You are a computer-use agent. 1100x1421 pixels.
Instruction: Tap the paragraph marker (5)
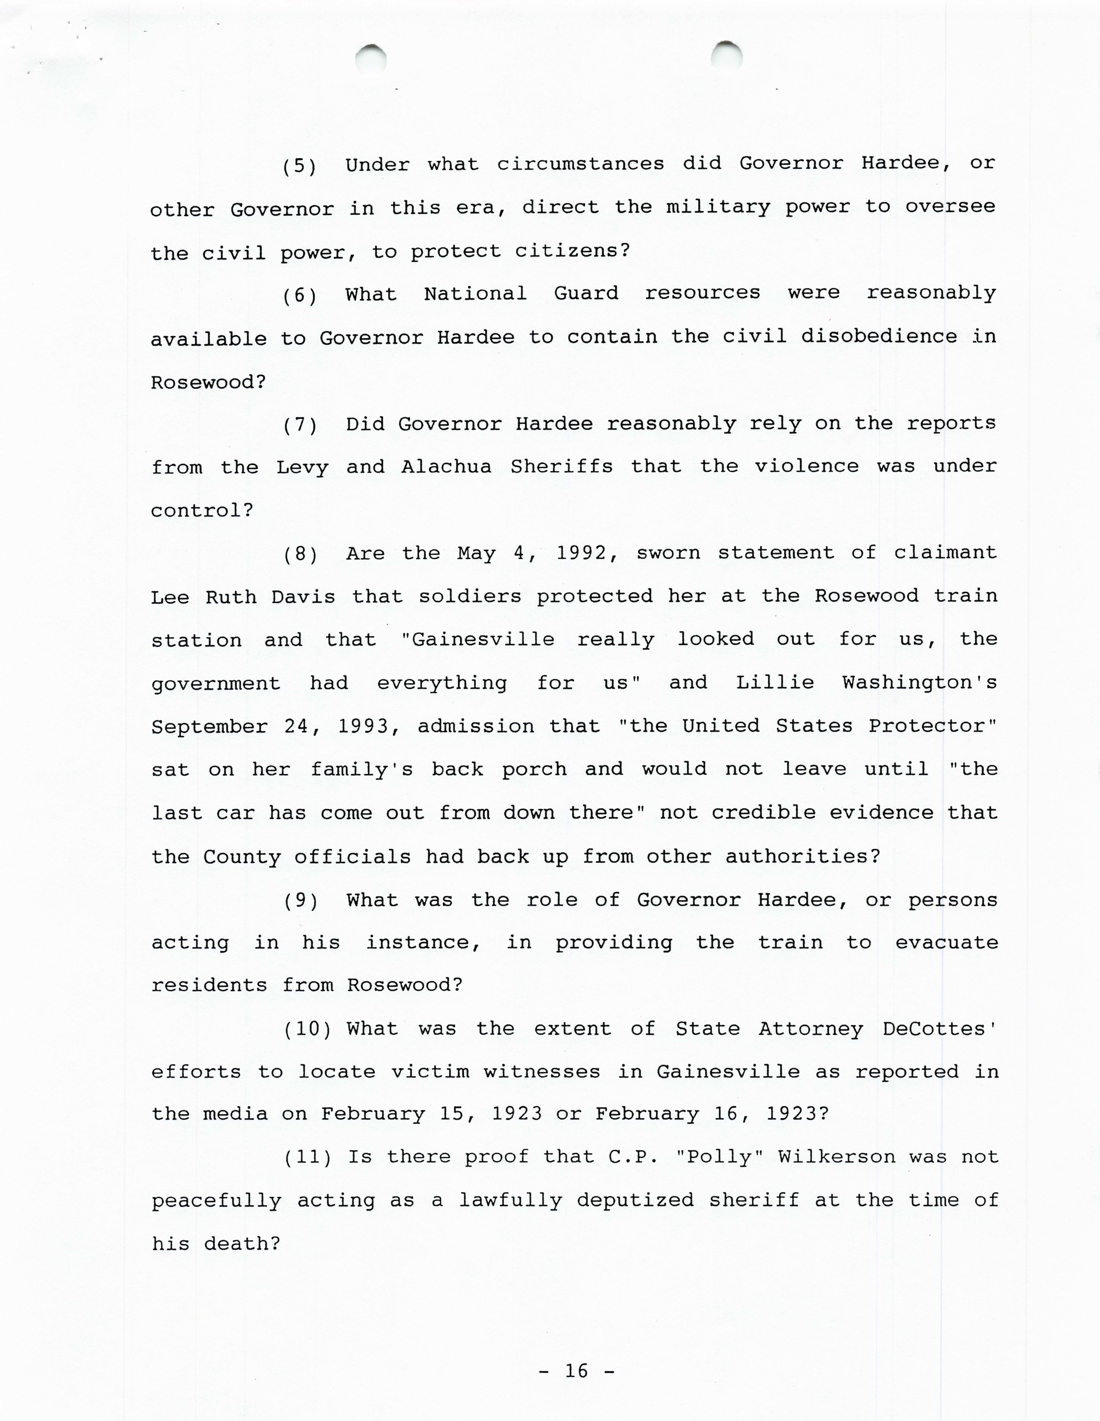tap(300, 166)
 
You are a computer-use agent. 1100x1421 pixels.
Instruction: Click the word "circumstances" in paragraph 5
tap(581, 164)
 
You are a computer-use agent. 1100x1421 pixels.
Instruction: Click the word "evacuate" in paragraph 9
tap(946, 943)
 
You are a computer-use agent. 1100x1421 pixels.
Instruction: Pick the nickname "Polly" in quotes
tap(719, 1157)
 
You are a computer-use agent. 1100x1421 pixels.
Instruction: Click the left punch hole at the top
tap(371, 58)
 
